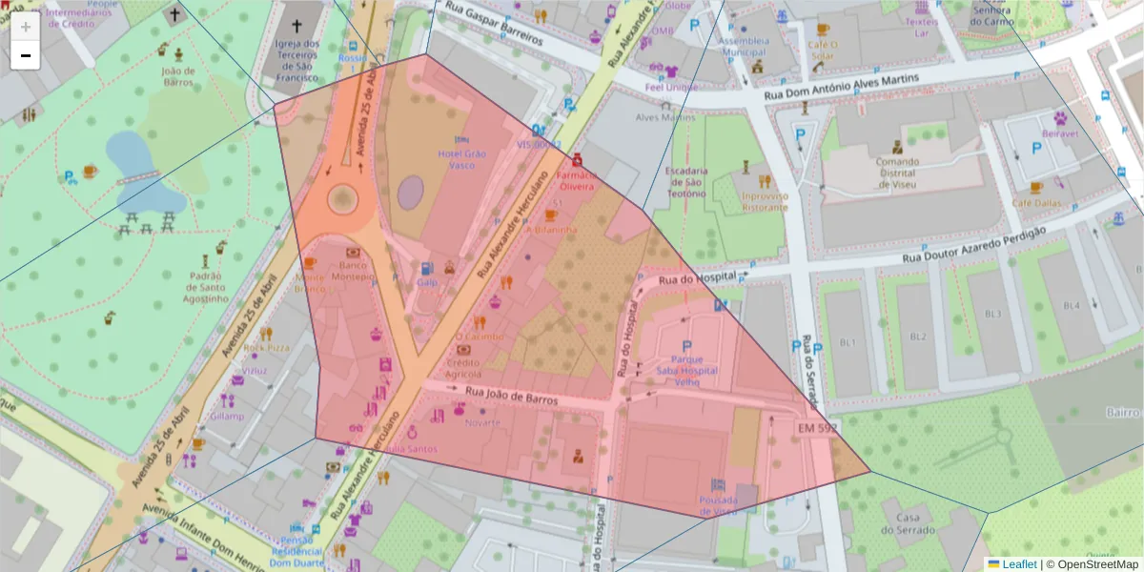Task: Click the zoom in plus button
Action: pos(26,27)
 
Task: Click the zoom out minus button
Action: pos(26,55)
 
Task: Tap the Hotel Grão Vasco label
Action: pos(461,159)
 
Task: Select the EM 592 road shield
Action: pos(817,429)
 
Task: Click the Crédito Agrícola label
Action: pos(463,368)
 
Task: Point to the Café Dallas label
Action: pos(1036,203)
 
